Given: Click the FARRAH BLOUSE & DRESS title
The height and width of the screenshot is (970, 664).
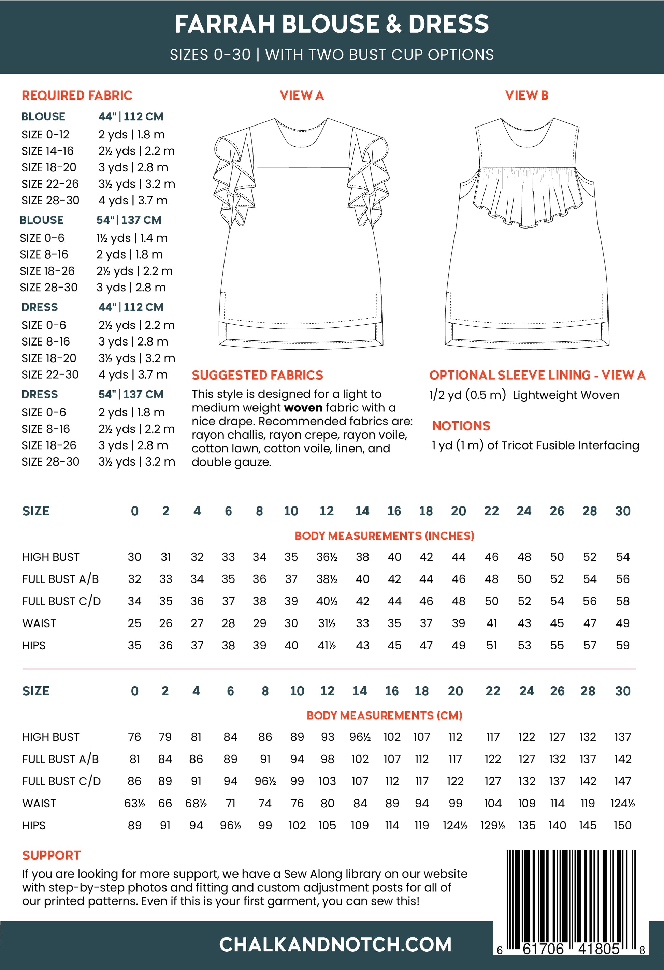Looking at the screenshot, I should point(332,24).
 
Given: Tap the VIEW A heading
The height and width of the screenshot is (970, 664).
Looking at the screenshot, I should point(302,95).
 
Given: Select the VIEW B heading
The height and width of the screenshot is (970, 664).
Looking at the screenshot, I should point(526,95).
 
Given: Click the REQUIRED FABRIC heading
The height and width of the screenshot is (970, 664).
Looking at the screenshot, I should point(77,95).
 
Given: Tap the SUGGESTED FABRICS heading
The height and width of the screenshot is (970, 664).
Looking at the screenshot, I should point(257,375).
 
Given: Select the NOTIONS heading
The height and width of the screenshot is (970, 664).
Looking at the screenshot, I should point(461,426).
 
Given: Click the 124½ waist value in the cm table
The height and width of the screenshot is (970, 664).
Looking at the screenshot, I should point(622,804).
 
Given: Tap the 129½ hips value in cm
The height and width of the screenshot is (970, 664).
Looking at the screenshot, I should point(492,826).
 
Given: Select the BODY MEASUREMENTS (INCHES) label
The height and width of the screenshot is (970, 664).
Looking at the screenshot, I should point(384,536).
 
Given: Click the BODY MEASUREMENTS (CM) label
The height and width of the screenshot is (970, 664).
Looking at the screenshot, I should point(384,716).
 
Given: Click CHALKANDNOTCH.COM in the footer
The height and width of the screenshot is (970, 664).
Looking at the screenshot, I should point(335,944).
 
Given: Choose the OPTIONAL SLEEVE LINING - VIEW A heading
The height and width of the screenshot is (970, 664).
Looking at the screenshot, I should point(537,375).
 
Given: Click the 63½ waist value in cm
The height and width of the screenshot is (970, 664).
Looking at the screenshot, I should point(134,804).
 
